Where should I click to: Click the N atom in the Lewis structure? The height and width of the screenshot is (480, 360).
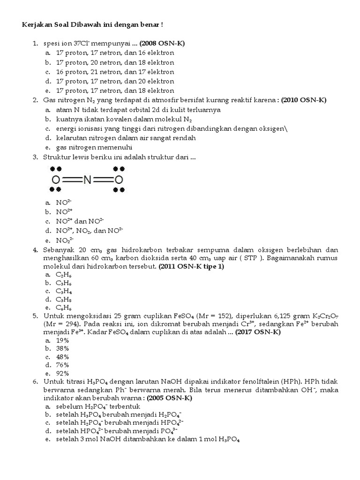(x=87, y=180)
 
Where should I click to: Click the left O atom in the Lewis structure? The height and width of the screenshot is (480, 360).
(x=55, y=180)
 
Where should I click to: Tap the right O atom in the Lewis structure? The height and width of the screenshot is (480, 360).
(x=119, y=180)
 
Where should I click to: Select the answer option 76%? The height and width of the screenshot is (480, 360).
(x=62, y=365)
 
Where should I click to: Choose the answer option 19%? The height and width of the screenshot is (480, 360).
(x=62, y=341)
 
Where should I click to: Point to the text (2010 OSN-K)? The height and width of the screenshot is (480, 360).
(x=304, y=100)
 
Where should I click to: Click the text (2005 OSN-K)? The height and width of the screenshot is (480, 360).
(x=169, y=397)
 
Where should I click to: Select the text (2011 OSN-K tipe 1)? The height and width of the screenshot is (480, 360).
(x=192, y=266)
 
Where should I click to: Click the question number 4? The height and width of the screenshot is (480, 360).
(x=35, y=249)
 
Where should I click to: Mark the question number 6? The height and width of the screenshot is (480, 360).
(x=35, y=382)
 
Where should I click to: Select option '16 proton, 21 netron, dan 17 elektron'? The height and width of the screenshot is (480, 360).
(x=115, y=72)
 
